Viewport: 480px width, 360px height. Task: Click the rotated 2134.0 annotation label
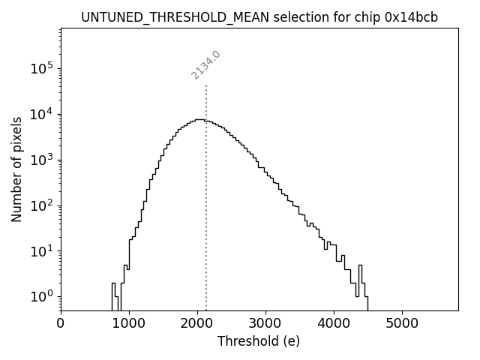205,65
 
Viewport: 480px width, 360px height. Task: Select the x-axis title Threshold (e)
259,341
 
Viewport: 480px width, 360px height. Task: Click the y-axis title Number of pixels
16,169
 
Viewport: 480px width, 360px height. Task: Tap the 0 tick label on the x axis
61,323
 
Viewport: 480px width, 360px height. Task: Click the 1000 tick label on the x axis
129,323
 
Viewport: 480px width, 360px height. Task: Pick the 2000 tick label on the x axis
197,323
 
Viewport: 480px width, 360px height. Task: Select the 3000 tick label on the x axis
265,323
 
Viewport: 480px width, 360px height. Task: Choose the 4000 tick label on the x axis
334,323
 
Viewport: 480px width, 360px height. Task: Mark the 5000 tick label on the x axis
402,323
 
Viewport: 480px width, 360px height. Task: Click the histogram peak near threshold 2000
199,120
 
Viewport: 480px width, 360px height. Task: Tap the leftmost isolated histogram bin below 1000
114,292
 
